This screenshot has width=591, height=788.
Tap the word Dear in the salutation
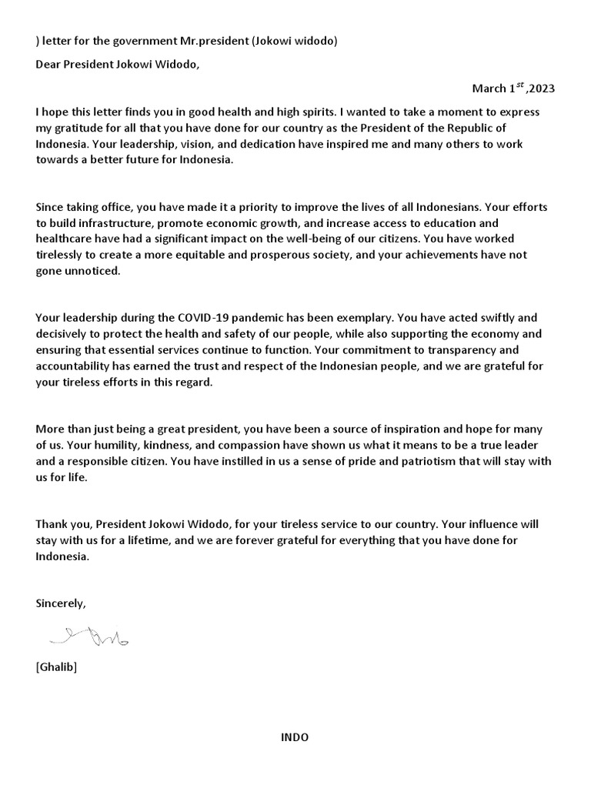click(x=48, y=64)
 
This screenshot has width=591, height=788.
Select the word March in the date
click(x=488, y=88)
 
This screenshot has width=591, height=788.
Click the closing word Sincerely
click(x=61, y=604)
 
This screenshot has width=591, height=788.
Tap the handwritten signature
click(x=89, y=636)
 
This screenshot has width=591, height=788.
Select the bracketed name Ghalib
click(x=56, y=667)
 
